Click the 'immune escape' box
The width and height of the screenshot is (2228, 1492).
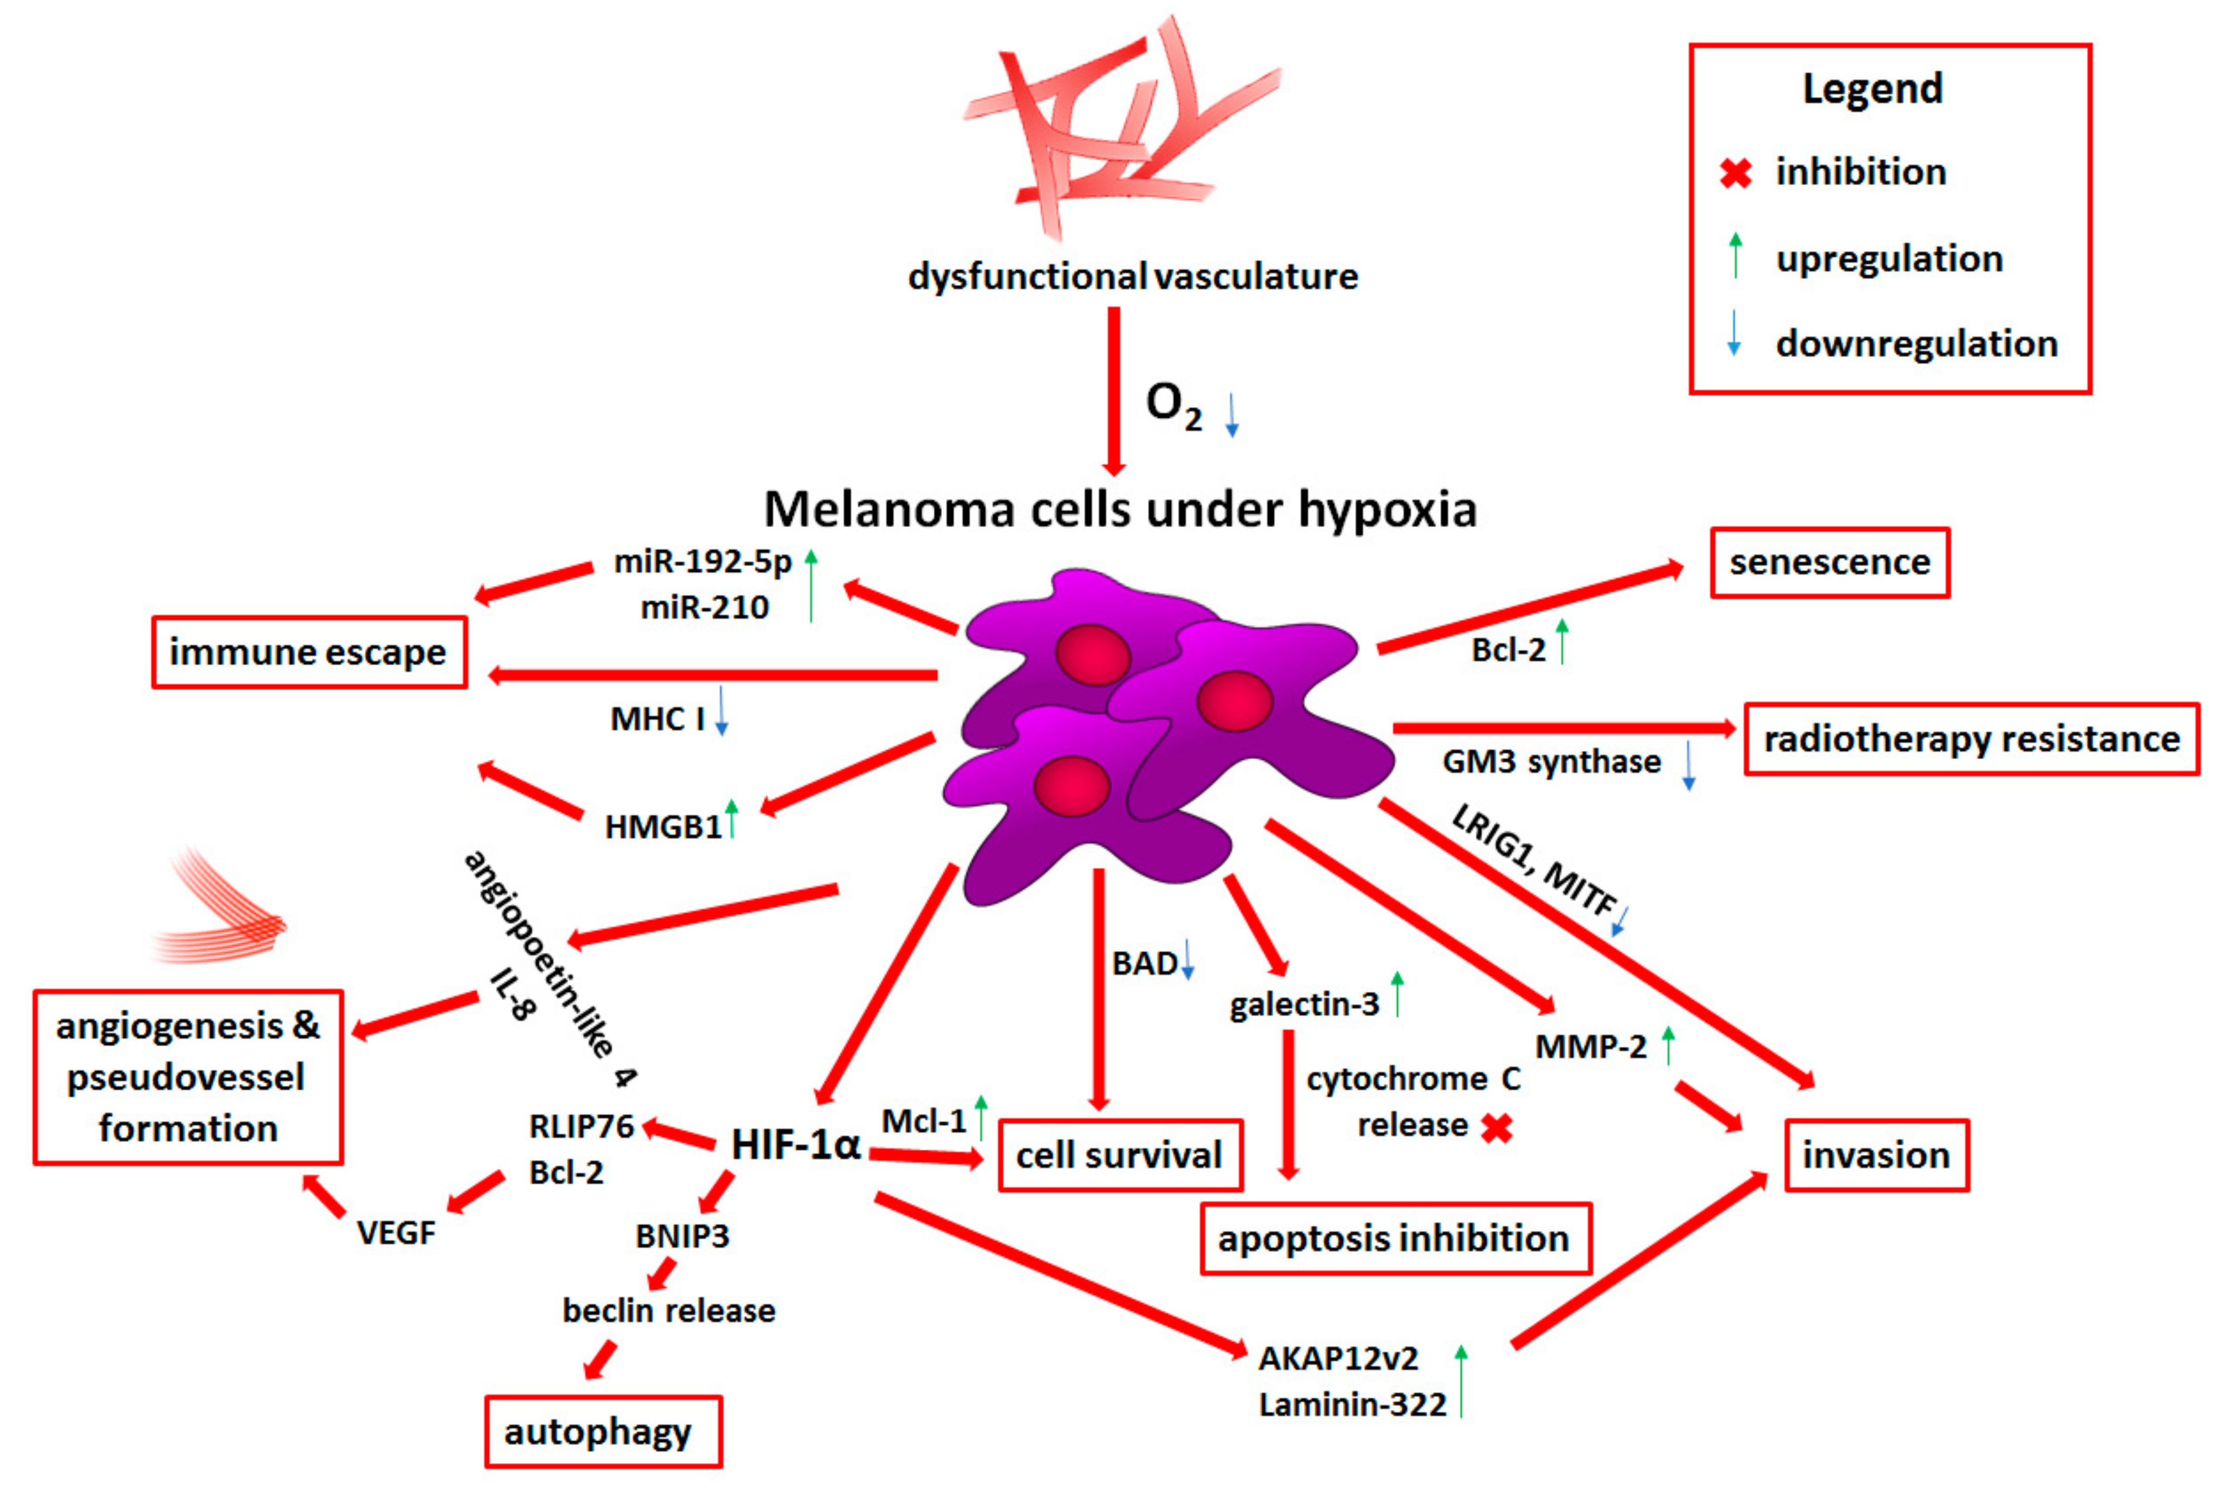pos(308,653)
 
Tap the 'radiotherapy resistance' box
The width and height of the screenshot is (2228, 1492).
pos(1971,739)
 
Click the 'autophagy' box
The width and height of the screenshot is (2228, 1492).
pos(602,1431)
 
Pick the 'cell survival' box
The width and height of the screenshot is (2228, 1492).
pos(1120,1155)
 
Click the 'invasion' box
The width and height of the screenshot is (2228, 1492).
pos(1876,1155)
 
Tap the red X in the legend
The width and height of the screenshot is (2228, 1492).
pos(1735,173)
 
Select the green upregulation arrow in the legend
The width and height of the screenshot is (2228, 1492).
pos(1735,255)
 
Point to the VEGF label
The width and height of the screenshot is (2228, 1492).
pos(396,1233)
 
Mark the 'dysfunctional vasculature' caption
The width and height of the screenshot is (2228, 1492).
pos(1132,277)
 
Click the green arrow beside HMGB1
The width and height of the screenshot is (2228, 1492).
pos(732,818)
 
